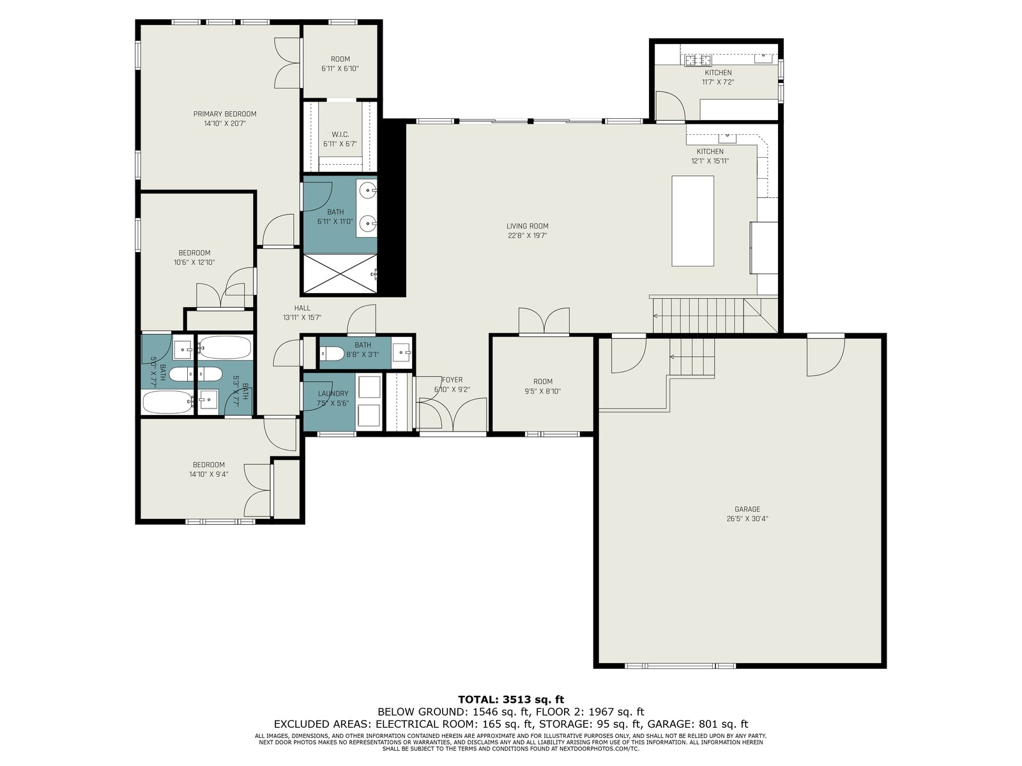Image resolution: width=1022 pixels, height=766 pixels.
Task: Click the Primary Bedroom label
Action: click(x=225, y=114)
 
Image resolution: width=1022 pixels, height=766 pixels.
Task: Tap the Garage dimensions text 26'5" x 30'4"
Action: click(x=747, y=519)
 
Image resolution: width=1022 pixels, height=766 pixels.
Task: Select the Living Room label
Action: click(x=528, y=226)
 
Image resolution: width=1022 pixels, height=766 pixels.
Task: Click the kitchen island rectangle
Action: click(x=692, y=221)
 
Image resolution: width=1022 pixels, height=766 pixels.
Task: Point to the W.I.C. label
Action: click(x=340, y=135)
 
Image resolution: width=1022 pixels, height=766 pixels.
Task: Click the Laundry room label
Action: click(x=333, y=393)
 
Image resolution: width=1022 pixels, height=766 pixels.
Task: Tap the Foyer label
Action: click(x=452, y=380)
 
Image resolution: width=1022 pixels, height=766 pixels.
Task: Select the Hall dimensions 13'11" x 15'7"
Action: click(x=302, y=318)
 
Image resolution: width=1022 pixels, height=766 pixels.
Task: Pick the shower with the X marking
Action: click(x=340, y=274)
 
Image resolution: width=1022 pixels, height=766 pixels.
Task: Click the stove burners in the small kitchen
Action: click(x=698, y=61)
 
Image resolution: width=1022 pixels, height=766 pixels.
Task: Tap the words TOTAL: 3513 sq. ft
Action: click(x=511, y=700)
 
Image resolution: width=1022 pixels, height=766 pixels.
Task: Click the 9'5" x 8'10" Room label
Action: click(x=543, y=381)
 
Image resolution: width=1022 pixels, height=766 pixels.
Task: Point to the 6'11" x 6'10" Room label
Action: click(x=340, y=59)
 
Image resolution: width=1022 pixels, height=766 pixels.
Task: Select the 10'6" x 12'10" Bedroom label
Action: click(x=194, y=253)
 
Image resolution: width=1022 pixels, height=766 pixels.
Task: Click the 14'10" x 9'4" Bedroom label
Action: click(x=209, y=465)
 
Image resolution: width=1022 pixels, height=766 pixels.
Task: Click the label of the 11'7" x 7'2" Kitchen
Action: click(x=718, y=73)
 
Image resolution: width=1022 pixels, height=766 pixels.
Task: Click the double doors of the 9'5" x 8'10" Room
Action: click(x=544, y=321)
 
